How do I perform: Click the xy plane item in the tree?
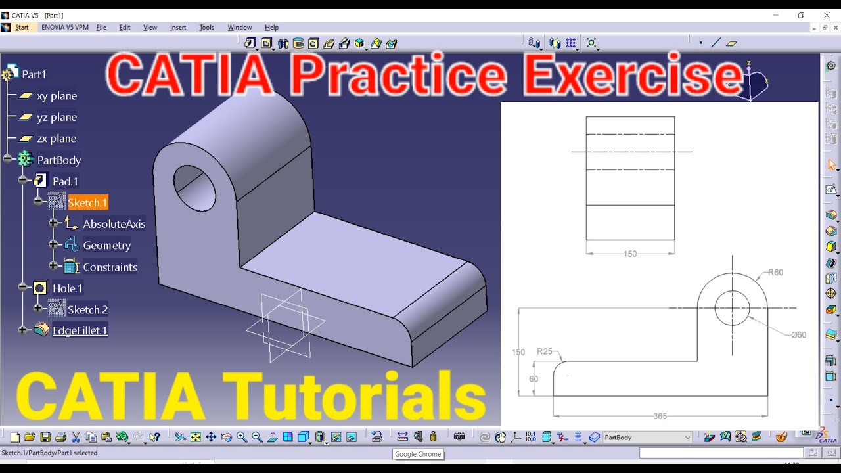point(57,96)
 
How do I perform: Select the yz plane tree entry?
point(57,118)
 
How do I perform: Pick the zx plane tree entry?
point(57,139)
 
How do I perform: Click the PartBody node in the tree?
point(58,160)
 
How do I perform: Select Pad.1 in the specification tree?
point(65,181)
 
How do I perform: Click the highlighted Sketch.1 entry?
point(87,203)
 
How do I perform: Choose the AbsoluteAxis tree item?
point(114,224)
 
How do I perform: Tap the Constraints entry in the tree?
point(110,267)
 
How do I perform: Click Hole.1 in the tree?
point(68,288)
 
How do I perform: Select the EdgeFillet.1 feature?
point(80,330)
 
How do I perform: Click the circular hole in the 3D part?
point(194,187)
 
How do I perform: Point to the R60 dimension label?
point(775,273)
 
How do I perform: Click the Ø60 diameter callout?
point(798,335)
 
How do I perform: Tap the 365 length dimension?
point(660,417)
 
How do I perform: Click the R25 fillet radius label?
point(545,351)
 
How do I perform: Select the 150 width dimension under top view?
point(630,254)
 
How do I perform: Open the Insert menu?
point(178,28)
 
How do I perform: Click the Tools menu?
point(206,28)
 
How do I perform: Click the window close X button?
point(827,15)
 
